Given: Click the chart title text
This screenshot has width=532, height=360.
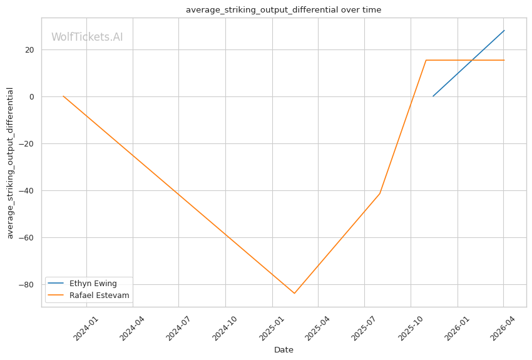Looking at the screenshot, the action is [284, 10].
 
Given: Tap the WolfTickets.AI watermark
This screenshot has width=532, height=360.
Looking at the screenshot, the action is [87, 37].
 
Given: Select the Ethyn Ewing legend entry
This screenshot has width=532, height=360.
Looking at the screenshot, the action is [82, 284].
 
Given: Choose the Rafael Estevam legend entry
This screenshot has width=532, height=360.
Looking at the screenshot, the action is [88, 295].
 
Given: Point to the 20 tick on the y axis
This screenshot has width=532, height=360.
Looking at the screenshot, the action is [30, 50].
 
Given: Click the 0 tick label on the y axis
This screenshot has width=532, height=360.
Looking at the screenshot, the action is [32, 97].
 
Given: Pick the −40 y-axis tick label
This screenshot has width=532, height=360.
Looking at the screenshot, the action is [26, 191].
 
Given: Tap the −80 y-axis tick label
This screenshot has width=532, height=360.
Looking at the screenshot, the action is [26, 285].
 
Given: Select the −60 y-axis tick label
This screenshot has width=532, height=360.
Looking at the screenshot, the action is [26, 238].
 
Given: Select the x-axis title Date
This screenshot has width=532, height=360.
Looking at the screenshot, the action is [284, 350].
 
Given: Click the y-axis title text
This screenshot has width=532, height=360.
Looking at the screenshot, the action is [10, 163].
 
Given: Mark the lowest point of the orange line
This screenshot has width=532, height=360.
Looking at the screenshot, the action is [294, 293].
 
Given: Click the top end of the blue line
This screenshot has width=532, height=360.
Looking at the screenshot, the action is [504, 31].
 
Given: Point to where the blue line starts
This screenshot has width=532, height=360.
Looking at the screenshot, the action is [433, 96].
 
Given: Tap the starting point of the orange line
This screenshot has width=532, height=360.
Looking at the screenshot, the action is [63, 96].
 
